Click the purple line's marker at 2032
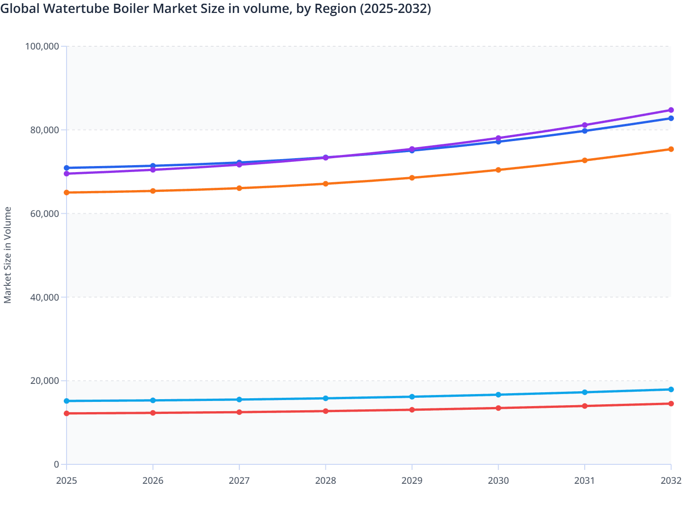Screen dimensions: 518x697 [671, 110]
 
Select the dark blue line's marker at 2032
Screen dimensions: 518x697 [671, 118]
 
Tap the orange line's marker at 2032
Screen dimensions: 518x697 [671, 149]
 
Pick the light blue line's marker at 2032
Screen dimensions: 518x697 [671, 389]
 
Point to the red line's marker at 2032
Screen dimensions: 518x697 [671, 404]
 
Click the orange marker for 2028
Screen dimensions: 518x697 [325, 184]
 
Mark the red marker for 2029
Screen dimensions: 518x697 [412, 410]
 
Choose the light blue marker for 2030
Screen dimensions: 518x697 [498, 395]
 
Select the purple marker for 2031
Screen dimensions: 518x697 [585, 125]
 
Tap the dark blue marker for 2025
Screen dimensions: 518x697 [67, 168]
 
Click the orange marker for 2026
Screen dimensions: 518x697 [153, 191]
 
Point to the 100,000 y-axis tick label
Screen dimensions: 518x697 [42, 46]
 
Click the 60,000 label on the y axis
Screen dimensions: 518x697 [44, 214]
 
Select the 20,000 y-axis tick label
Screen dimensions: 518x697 [44, 381]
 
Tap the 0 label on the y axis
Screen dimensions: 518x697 [56, 464]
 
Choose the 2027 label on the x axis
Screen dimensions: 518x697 [239, 481]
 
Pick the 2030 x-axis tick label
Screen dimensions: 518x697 [498, 481]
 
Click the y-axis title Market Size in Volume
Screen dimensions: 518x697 [8, 255]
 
